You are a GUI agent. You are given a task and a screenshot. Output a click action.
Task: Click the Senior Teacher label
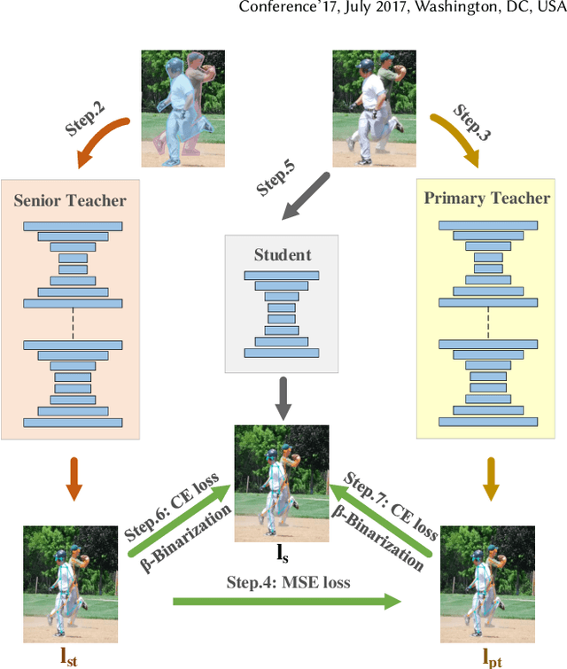[70, 200]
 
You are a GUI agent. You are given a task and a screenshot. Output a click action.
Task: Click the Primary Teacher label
[486, 198]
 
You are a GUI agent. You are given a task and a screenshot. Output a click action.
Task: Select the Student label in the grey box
[282, 255]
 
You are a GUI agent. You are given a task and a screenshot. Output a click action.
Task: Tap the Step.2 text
[86, 118]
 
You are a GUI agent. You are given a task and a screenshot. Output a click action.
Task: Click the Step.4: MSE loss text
[287, 582]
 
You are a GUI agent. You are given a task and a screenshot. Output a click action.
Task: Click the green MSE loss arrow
[287, 602]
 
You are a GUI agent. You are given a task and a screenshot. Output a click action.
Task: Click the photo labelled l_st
[70, 581]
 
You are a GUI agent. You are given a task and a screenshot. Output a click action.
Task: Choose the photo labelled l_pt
[486, 581]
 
